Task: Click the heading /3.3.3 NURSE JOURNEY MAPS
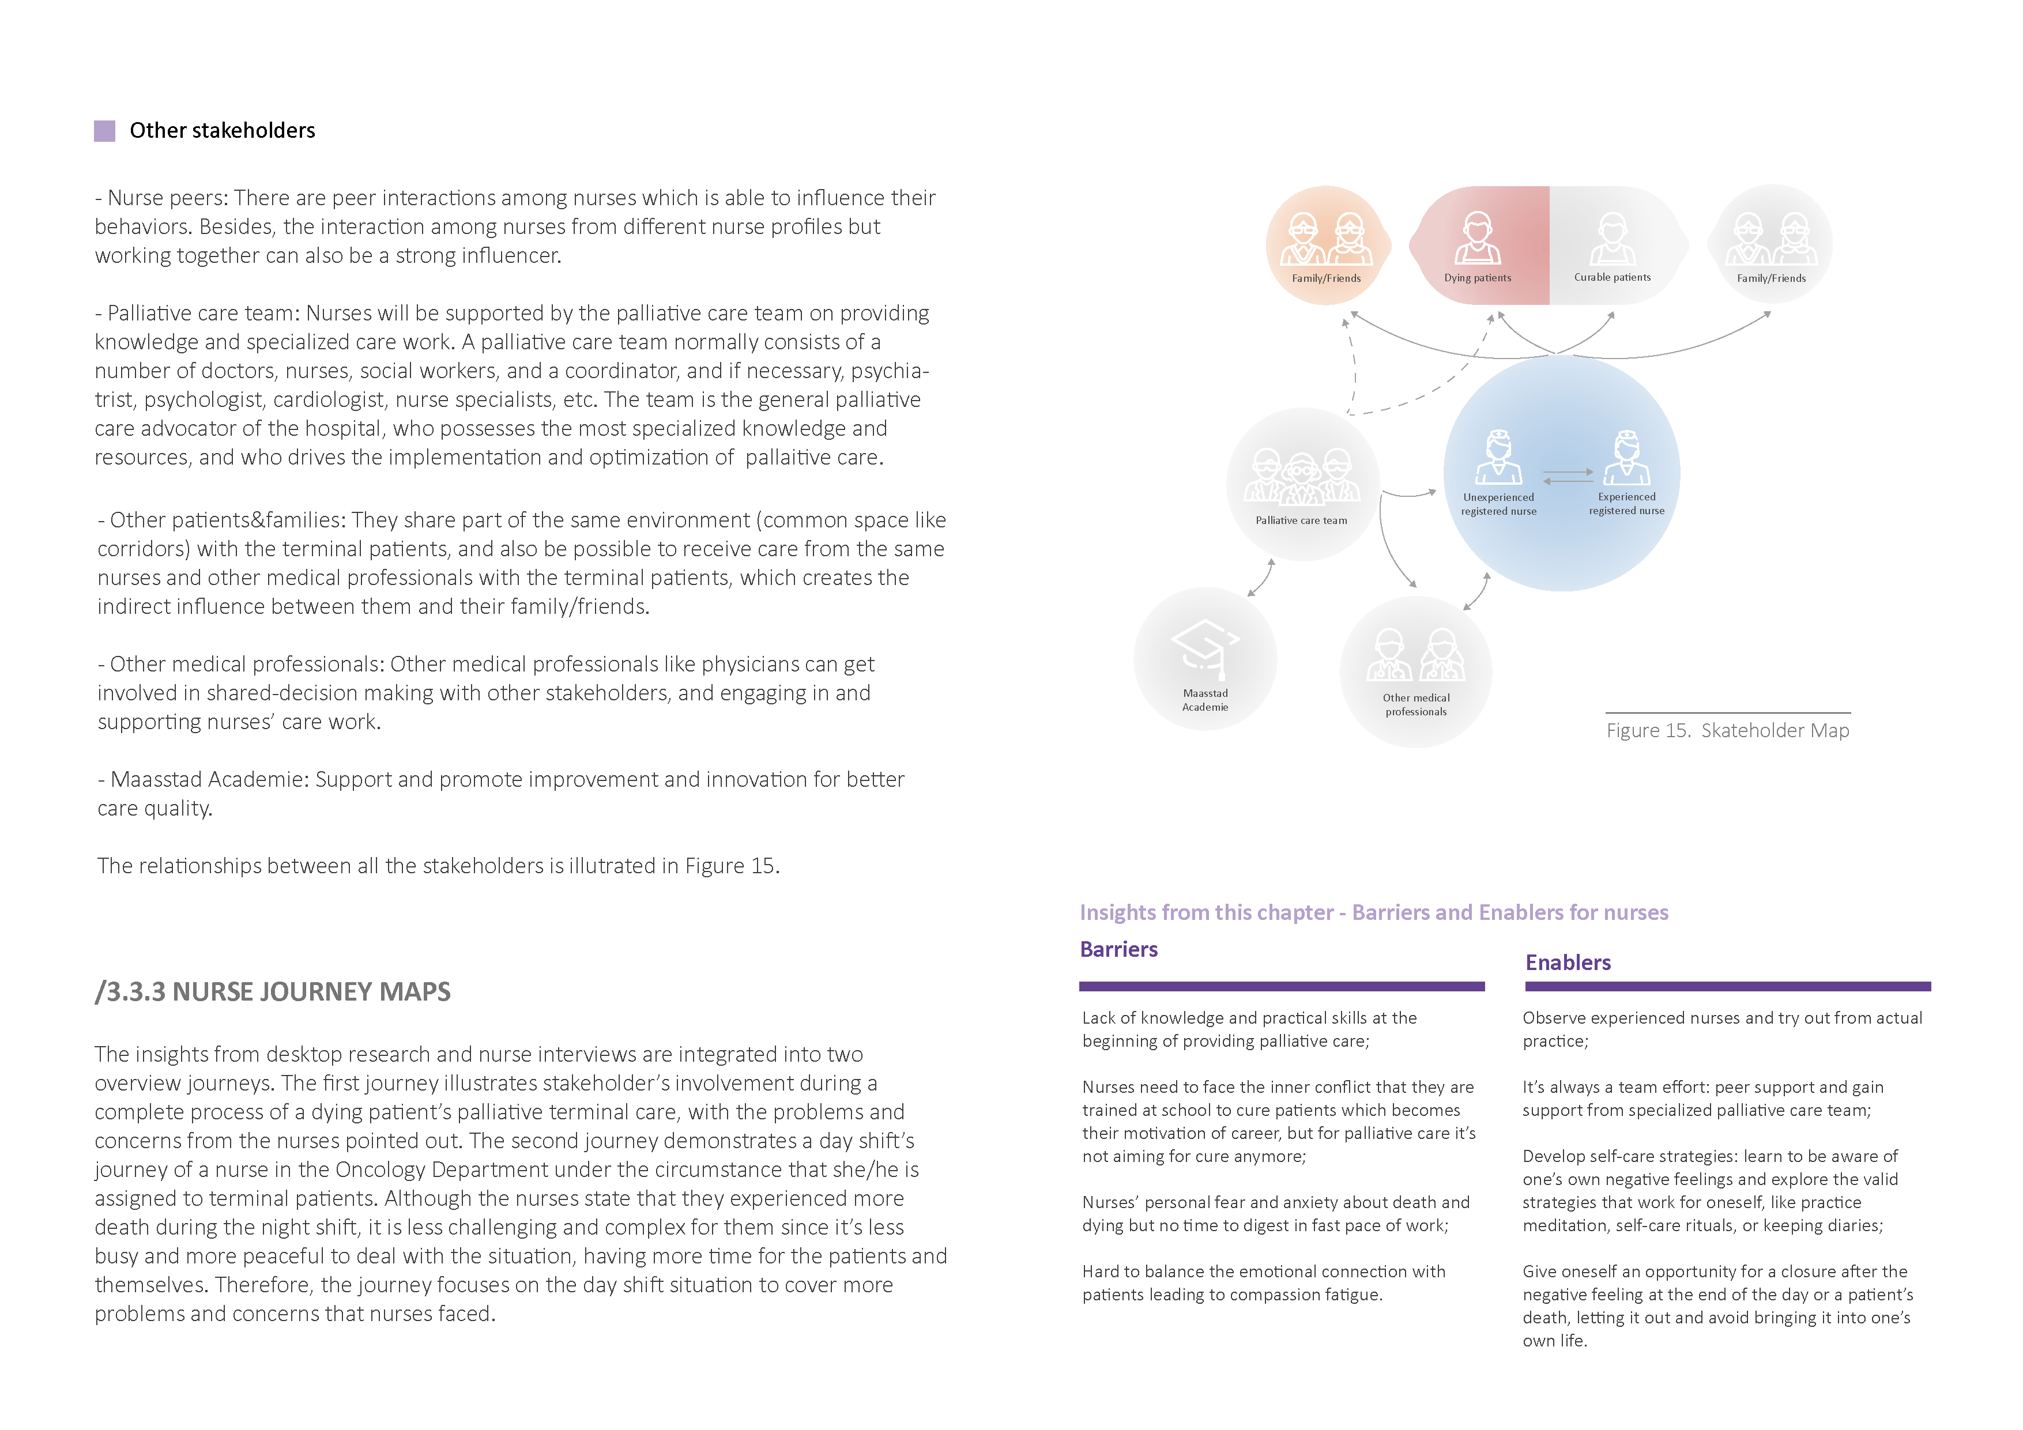(272, 991)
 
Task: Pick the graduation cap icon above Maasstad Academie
(1204, 648)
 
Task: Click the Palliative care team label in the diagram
(1301, 520)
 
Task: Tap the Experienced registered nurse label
(1626, 503)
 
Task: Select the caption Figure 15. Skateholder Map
(1727, 730)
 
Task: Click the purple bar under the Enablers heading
(1727, 986)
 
